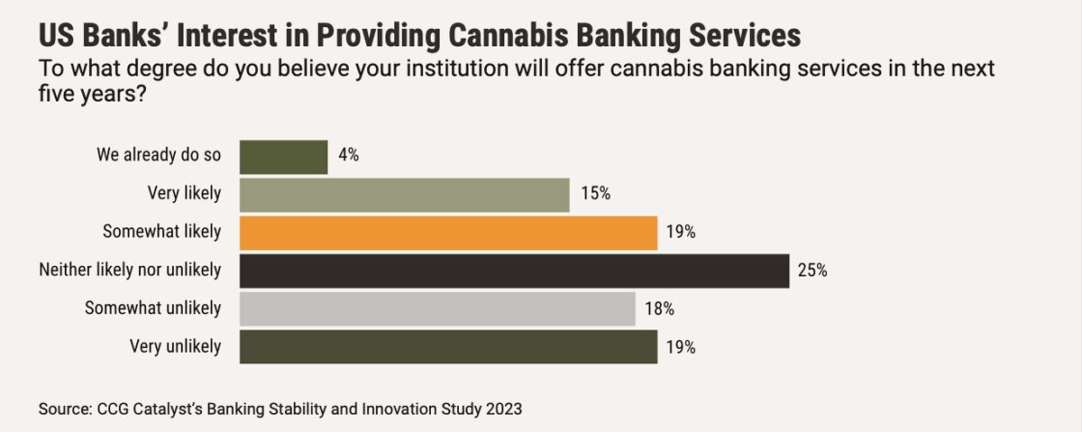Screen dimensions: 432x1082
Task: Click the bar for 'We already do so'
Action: click(x=283, y=156)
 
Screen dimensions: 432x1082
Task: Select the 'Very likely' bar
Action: click(x=404, y=194)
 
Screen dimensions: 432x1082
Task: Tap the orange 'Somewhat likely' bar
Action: click(x=448, y=232)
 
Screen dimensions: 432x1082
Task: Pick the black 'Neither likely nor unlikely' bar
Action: click(x=514, y=270)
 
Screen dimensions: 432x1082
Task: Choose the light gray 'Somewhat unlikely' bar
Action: click(x=437, y=308)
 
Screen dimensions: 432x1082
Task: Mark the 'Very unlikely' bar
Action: click(x=448, y=346)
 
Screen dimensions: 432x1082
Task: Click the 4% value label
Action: click(x=349, y=155)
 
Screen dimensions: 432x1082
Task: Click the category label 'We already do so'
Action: click(x=159, y=155)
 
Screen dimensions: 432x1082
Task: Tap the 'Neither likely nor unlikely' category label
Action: click(x=130, y=270)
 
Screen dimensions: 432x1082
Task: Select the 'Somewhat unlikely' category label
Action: click(x=152, y=308)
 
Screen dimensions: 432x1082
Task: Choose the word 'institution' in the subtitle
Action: click(x=406, y=69)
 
